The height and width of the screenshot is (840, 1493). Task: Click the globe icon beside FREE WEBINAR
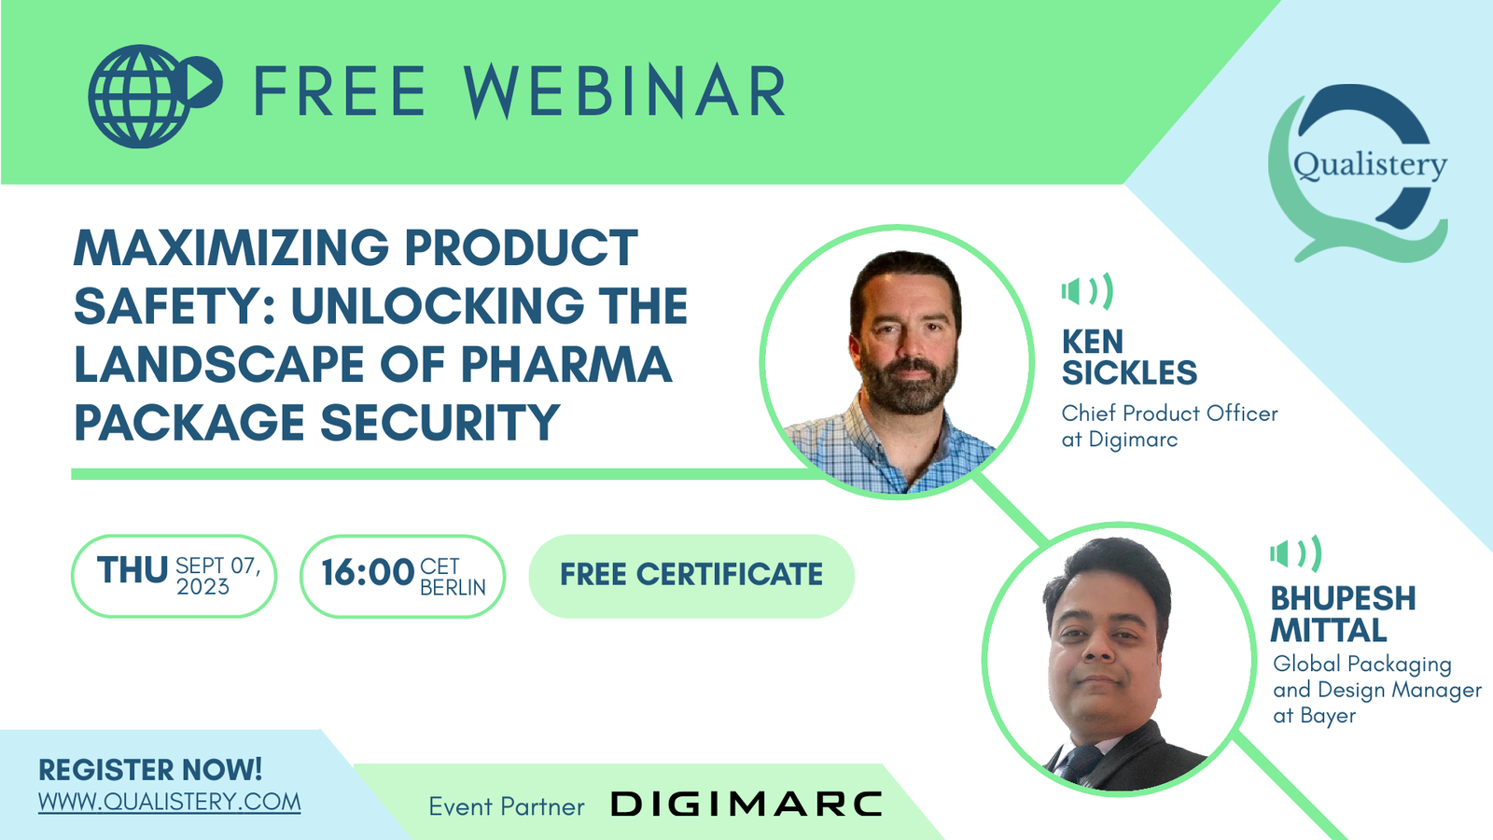pyautogui.click(x=155, y=96)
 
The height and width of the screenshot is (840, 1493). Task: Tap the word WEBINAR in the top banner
pyautogui.click(x=624, y=91)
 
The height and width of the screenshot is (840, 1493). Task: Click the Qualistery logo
pyautogui.click(x=1359, y=173)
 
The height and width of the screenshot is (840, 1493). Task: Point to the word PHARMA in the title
pyautogui.click(x=565, y=364)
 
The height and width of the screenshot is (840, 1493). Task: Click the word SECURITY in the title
pyautogui.click(x=440, y=423)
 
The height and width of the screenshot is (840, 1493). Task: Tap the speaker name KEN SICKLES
pyautogui.click(x=1129, y=357)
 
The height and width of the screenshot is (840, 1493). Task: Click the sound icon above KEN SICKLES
pyautogui.click(x=1087, y=291)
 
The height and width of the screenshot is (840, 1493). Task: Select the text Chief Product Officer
pyautogui.click(x=1170, y=413)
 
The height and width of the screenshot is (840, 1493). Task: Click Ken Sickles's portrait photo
pyautogui.click(x=897, y=362)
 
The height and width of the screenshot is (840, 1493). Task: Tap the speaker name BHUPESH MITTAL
pyautogui.click(x=1343, y=614)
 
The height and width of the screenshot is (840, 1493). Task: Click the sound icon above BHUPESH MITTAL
pyautogui.click(x=1296, y=553)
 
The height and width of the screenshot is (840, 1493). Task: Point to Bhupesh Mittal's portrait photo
pyautogui.click(x=1119, y=659)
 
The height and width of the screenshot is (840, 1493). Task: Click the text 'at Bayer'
pyautogui.click(x=1315, y=716)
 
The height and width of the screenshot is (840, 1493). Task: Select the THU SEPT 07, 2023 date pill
pyautogui.click(x=174, y=576)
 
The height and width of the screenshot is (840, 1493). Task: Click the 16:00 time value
pyautogui.click(x=368, y=573)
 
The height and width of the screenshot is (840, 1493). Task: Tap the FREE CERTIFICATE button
pyautogui.click(x=691, y=576)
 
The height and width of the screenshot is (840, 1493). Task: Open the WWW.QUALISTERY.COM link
pyautogui.click(x=169, y=802)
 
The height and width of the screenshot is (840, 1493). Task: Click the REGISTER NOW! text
pyautogui.click(x=150, y=770)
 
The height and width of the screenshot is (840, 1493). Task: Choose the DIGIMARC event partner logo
pyautogui.click(x=746, y=804)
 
